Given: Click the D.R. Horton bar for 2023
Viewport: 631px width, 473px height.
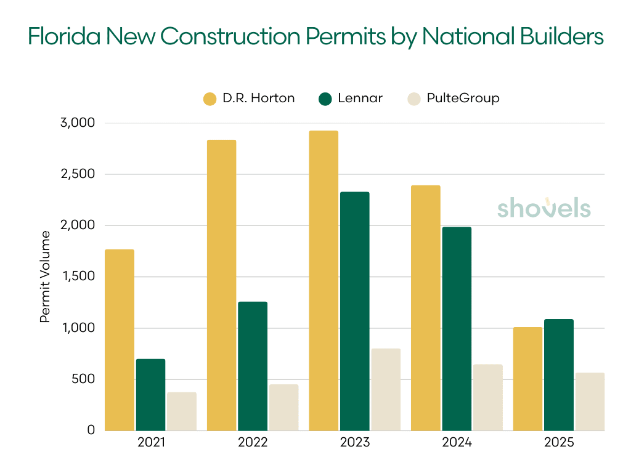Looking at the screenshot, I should point(324,280).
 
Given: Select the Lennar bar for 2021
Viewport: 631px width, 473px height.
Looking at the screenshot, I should point(150,394).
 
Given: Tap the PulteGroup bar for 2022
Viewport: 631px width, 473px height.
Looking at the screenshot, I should point(283,407).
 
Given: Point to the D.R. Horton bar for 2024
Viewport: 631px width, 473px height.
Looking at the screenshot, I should point(425,307).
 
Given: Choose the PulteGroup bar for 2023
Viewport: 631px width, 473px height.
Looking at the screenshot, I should point(386,389).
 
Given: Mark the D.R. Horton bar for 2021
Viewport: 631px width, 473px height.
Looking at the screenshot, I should point(120,339).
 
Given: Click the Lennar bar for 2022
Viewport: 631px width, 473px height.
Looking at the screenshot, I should point(253,366).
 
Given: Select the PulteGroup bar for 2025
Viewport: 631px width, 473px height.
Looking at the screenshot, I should point(590,401).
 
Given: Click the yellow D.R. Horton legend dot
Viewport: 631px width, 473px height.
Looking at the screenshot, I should point(210,99).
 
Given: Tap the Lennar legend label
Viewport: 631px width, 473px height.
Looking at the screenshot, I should point(360,99).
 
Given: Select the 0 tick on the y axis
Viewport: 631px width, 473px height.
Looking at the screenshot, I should point(91,430).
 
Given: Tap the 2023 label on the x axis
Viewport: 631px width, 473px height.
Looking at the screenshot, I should point(354,443).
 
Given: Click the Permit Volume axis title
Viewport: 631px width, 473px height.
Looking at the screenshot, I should point(45,277).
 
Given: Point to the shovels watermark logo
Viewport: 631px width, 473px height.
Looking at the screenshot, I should point(543,208).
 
